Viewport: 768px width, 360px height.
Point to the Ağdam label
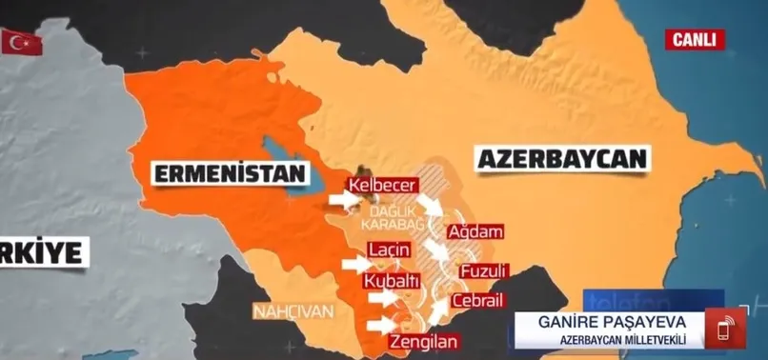coord(474,231)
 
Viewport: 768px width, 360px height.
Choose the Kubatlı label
coord(391,281)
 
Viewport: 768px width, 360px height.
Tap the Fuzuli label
coord(482,271)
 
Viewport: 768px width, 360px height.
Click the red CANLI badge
coord(696,39)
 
